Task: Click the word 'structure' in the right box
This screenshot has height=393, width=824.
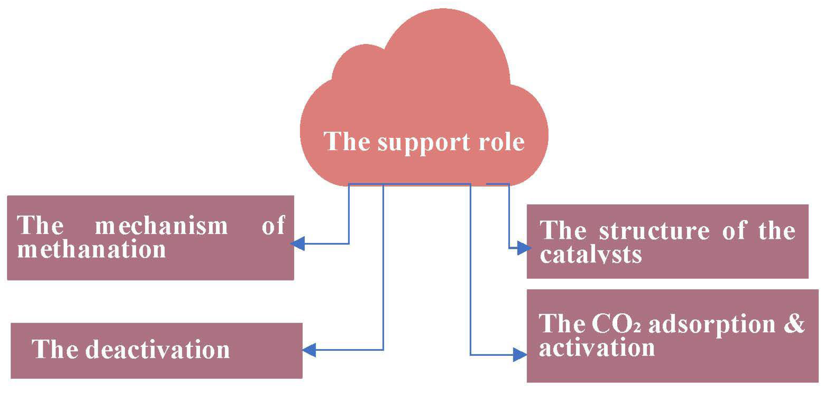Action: tap(654, 230)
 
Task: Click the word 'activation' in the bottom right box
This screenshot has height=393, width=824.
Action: tap(596, 348)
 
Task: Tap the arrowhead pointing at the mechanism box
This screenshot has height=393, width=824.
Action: tap(298, 244)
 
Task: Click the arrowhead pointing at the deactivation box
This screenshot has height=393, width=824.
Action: tap(309, 350)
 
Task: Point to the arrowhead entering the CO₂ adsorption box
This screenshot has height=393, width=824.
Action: tap(519, 355)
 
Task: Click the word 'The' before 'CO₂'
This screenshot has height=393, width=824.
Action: tap(562, 324)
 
